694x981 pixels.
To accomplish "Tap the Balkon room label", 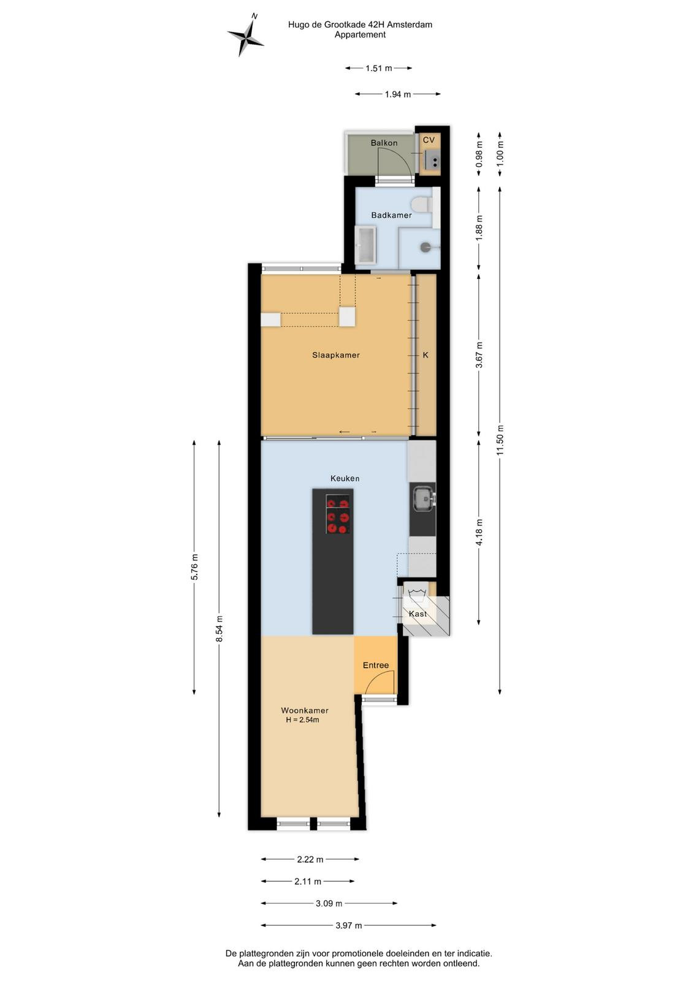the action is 384,143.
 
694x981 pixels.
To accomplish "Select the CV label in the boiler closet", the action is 429,140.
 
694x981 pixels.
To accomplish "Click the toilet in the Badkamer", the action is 422,204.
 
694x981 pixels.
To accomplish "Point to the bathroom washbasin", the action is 365,245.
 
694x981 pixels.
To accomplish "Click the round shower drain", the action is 425,248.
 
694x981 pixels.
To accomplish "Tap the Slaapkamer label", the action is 336,355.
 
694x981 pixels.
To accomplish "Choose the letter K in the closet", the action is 425,355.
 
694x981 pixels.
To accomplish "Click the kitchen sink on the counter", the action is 422,500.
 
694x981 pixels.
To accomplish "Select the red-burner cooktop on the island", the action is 338,514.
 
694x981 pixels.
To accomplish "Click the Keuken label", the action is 345,478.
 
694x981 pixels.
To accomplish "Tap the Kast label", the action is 418,614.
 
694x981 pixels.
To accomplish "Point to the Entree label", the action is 376,665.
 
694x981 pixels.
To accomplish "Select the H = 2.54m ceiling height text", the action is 303,720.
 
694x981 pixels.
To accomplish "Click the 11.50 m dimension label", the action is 500,440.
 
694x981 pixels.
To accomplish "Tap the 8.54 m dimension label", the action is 219,629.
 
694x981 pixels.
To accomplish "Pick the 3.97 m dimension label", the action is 349,925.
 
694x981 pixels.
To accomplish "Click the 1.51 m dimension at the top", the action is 379,68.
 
